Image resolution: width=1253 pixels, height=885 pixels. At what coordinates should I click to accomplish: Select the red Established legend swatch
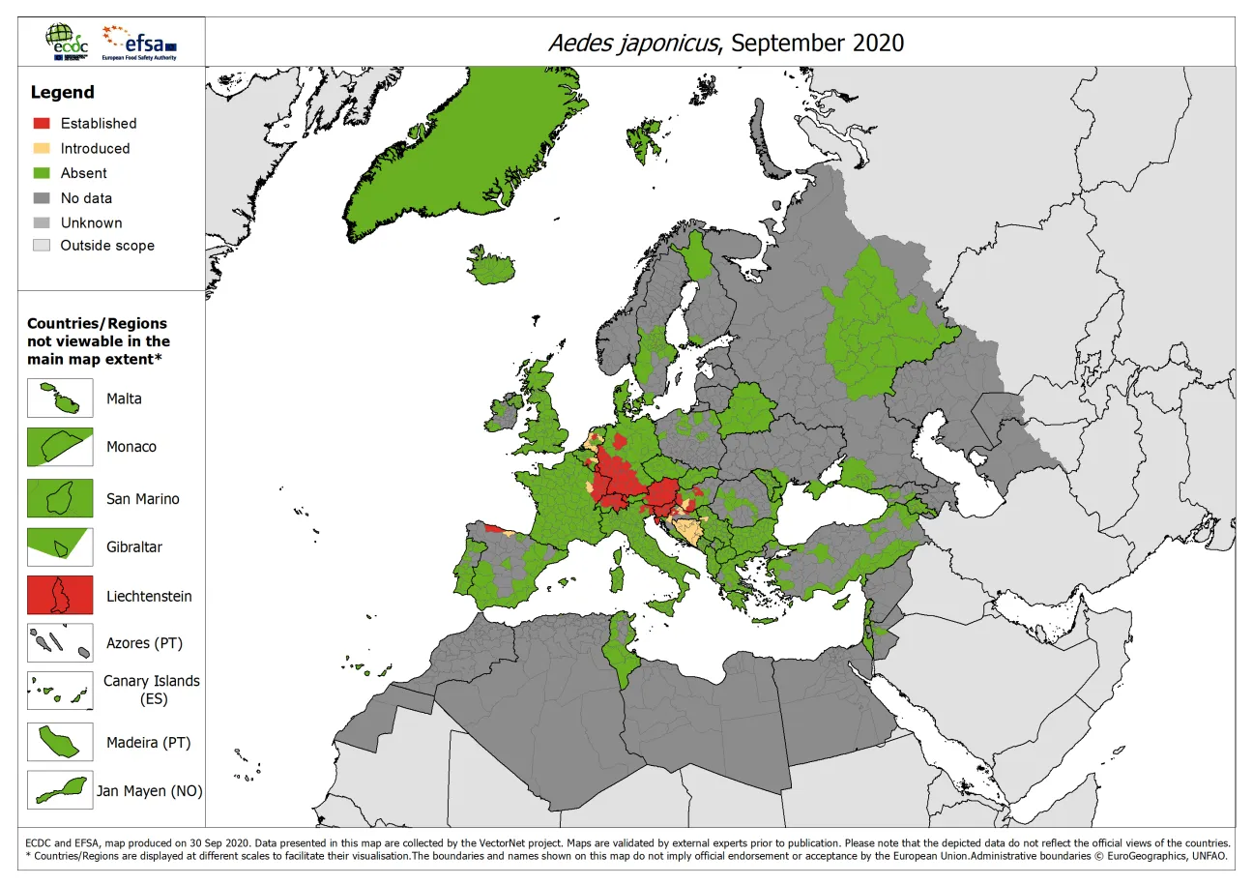42,124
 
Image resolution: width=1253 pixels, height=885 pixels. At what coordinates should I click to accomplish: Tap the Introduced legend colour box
42,149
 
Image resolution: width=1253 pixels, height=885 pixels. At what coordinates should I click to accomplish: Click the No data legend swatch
42,198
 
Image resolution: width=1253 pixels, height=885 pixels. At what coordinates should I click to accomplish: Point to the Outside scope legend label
107,246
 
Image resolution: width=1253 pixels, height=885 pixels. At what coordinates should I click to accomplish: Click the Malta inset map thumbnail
60,398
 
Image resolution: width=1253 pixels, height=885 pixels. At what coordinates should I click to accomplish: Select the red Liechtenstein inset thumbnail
60,596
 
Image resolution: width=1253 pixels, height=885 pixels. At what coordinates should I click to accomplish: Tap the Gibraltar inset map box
60,546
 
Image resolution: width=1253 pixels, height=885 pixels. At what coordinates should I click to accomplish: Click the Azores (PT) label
144,643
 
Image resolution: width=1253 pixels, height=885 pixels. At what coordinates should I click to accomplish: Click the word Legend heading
63,93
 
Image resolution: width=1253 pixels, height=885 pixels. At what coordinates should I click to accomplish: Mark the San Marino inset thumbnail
60,498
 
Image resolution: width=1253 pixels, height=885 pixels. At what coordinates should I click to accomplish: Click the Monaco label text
131,447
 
